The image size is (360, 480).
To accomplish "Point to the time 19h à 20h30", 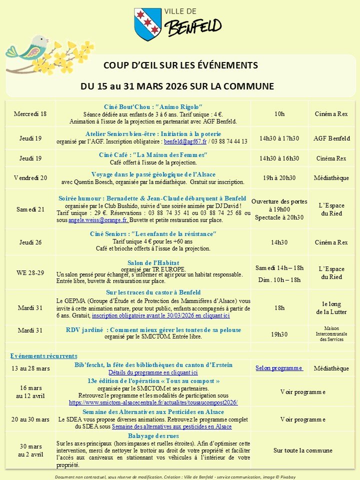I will point(279,177).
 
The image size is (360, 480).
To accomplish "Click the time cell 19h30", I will point(279,333).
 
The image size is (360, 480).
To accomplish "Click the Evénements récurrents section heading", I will point(44,356).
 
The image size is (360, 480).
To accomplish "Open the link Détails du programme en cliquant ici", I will point(153,372).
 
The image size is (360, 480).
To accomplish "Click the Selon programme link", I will point(279,368).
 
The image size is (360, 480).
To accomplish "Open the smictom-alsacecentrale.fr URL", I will point(153,402).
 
